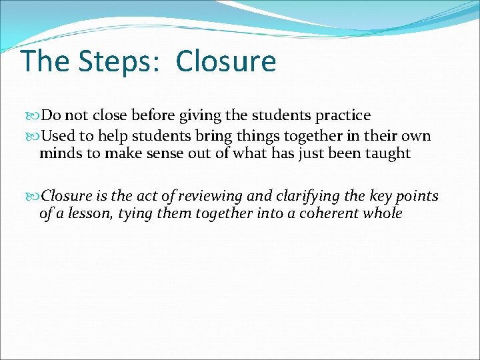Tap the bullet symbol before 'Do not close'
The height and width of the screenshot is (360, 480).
coord(35,115)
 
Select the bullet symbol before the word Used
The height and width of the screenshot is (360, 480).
coord(35,136)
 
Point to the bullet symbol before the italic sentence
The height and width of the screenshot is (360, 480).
coord(35,196)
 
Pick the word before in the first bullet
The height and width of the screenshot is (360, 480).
coord(154,115)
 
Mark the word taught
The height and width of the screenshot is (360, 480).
coord(389,153)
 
